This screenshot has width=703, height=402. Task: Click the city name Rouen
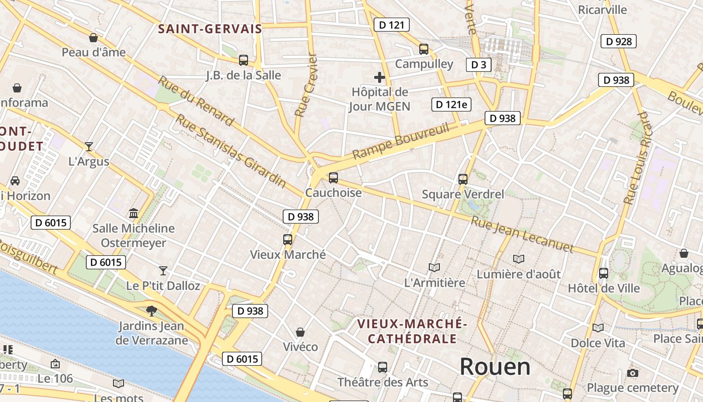point(495,367)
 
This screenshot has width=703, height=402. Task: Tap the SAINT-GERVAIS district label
point(210,29)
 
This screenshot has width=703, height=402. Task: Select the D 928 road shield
point(618,41)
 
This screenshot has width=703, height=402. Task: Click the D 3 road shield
point(478,64)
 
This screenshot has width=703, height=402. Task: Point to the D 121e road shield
point(451,105)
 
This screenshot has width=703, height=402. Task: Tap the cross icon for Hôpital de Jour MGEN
point(380,77)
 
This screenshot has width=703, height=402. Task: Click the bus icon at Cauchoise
point(333,178)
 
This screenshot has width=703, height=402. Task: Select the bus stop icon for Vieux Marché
point(288,240)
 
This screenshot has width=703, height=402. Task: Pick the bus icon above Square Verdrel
point(462,179)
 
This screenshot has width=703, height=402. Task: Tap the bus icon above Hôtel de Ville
point(603,273)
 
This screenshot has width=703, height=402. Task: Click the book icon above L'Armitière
point(434,267)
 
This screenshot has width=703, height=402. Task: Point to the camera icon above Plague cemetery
point(633,373)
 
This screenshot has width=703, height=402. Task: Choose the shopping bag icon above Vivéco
point(300,332)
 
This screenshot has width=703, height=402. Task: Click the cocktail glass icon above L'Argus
point(89,147)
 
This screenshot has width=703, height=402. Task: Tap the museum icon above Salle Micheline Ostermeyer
point(134,214)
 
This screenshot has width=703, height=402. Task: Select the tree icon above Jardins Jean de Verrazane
point(151,311)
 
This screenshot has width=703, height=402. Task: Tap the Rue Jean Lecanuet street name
point(522,234)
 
